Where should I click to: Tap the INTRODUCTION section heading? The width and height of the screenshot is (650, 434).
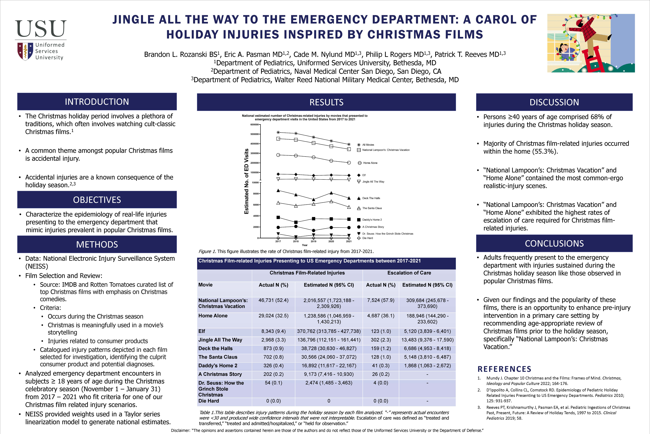coord(97,102)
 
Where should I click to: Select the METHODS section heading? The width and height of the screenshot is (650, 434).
coord(97,244)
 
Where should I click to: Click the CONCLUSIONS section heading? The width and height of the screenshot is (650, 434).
coord(554,244)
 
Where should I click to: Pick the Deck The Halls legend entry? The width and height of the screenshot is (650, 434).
coord(371,198)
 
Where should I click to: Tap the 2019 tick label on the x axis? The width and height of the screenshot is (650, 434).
coord(313,241)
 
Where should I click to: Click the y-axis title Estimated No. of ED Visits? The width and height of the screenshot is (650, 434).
coord(246,181)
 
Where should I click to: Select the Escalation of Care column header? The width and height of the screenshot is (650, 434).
coord(409,273)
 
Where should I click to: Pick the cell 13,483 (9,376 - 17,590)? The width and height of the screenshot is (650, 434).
coord(427,340)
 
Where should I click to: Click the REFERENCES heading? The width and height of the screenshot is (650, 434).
coord(504,369)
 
